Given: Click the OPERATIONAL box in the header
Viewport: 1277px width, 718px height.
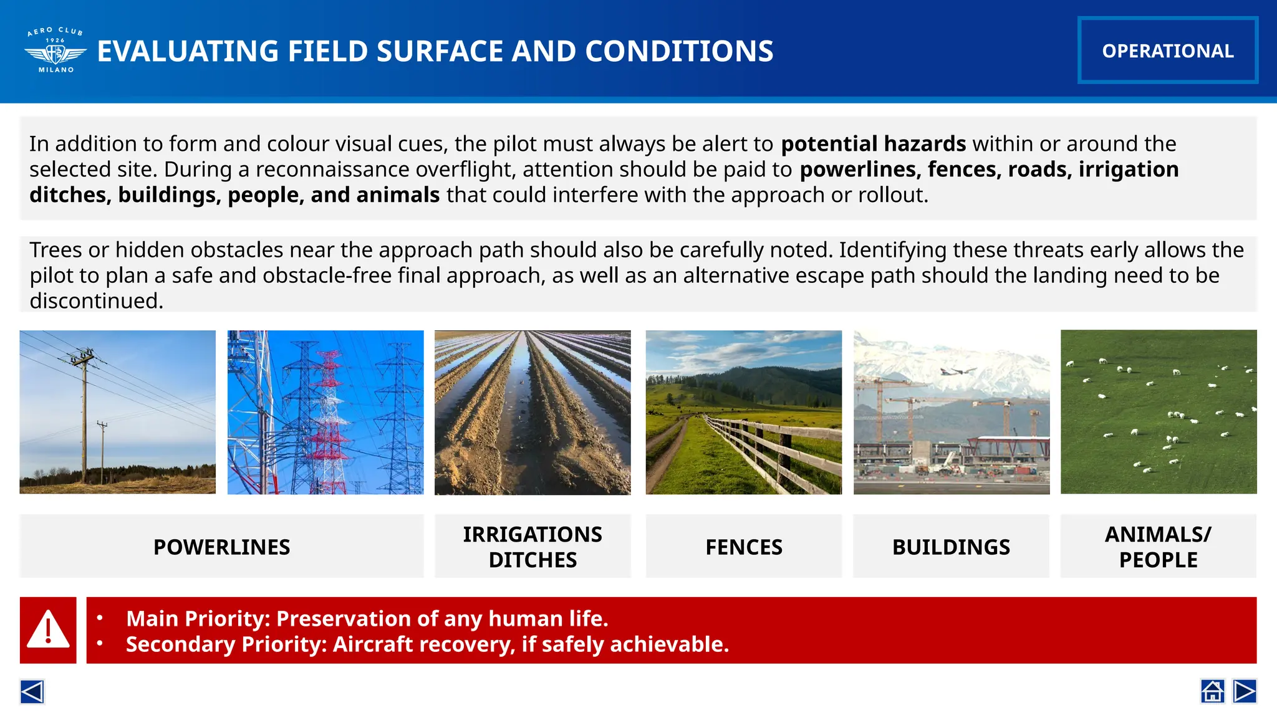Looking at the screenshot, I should [1167, 50].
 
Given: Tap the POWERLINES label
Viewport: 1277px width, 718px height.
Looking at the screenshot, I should [221, 547].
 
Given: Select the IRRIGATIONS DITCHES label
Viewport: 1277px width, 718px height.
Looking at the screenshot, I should [532, 547].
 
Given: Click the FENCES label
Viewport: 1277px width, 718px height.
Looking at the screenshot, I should [743, 547].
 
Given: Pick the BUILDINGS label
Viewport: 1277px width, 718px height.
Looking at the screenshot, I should [951, 547].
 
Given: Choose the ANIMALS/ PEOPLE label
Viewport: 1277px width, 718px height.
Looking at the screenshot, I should [1158, 547].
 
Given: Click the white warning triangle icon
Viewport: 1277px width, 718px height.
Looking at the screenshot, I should [48, 629].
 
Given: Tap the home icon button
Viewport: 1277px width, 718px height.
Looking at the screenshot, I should [1212, 691].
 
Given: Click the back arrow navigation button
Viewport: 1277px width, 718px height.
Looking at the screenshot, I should [32, 691].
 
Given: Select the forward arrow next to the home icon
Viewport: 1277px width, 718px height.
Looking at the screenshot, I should [1245, 691].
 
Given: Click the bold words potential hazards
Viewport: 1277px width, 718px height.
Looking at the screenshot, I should [873, 144].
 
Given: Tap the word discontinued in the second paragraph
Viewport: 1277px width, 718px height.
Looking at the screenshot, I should [96, 301].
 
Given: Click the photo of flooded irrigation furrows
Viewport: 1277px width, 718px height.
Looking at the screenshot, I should [532, 412].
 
